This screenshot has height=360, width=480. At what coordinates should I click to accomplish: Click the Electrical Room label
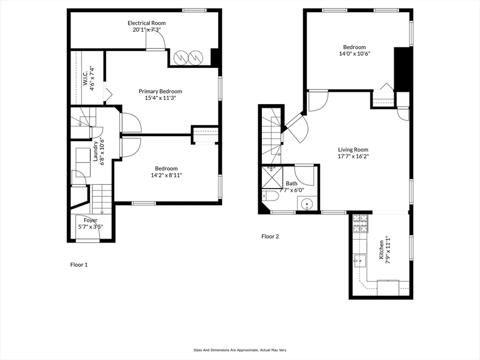[x=146, y=23]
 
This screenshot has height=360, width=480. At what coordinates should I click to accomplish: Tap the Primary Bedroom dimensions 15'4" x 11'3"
[x=160, y=98]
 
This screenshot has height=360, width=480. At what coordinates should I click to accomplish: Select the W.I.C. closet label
[x=85, y=78]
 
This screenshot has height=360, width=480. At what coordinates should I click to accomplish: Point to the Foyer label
[x=90, y=220]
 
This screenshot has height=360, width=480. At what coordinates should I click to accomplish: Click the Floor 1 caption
[x=79, y=265]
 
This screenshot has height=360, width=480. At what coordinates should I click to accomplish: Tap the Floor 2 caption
[x=270, y=236]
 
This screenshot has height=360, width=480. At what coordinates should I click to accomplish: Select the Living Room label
[x=353, y=149]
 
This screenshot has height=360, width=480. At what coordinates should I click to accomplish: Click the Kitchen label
[x=381, y=249]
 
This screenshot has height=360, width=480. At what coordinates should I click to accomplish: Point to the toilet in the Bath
[x=270, y=196]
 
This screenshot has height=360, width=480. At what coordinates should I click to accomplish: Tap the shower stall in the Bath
[x=272, y=177]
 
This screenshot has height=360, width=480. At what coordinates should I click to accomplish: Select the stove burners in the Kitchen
[x=360, y=224]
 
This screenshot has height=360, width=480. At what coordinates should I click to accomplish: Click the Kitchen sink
[x=360, y=260]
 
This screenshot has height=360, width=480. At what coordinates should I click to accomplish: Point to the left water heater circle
[x=180, y=57]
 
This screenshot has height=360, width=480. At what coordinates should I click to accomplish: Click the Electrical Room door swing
[x=155, y=40]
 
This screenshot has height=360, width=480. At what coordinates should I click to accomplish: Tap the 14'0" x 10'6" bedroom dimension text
[x=354, y=53]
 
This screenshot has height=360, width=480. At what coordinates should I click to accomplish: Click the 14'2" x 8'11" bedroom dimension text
[x=166, y=175]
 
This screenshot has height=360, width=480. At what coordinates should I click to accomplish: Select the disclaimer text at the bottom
[x=240, y=350]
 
